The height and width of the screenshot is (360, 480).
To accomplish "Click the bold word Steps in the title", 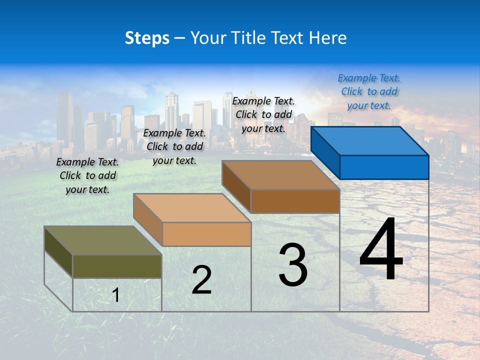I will (x=147, y=38).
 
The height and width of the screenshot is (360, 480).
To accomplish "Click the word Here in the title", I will (x=328, y=38).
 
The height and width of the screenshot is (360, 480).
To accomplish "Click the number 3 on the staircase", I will (x=293, y=265).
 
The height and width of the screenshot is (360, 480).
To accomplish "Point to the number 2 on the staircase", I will (x=201, y=280).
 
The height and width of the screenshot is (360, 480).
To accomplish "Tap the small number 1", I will (x=116, y=295).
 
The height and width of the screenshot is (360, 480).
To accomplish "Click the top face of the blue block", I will (x=370, y=141).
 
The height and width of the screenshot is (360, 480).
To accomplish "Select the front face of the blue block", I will (x=384, y=167).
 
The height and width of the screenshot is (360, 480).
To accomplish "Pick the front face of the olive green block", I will (x=117, y=266).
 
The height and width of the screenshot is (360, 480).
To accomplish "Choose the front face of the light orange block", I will (x=206, y=234).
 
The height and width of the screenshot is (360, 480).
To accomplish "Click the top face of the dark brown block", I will (x=281, y=175).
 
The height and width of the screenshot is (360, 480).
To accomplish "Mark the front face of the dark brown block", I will (x=295, y=201).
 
